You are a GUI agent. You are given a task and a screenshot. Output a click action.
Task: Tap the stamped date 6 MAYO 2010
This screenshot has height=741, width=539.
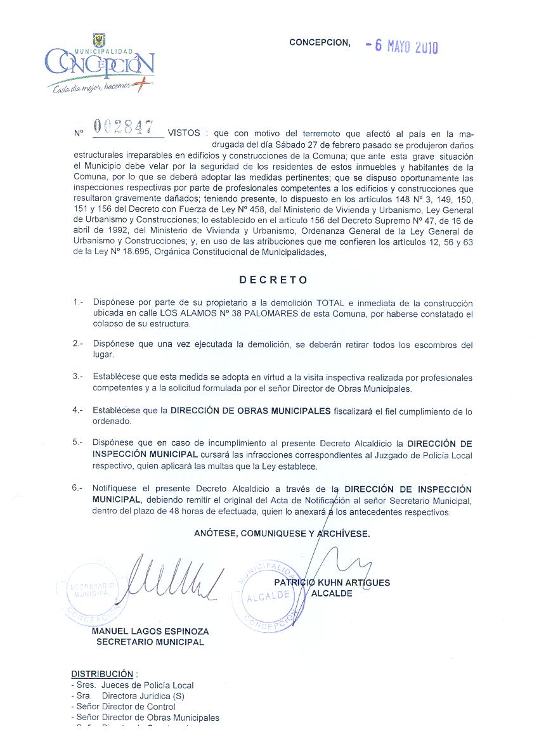403,46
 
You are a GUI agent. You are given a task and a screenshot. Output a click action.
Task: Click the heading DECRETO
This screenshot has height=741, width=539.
273,280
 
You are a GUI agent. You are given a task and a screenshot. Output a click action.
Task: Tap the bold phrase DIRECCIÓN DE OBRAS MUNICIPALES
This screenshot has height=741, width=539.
250,411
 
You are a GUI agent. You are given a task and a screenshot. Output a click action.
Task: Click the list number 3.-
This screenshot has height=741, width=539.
78,377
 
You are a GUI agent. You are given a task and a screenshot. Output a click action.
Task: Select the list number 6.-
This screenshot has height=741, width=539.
78,489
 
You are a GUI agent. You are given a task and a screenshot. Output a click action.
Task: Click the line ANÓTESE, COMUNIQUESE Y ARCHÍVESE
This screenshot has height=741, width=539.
282,534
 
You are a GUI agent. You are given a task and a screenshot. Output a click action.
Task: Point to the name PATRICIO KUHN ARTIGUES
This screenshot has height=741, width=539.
332,583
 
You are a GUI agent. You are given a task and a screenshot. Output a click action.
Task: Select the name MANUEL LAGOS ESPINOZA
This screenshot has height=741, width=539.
150,631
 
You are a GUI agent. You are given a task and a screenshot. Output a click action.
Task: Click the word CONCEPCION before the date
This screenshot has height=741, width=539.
319,42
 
